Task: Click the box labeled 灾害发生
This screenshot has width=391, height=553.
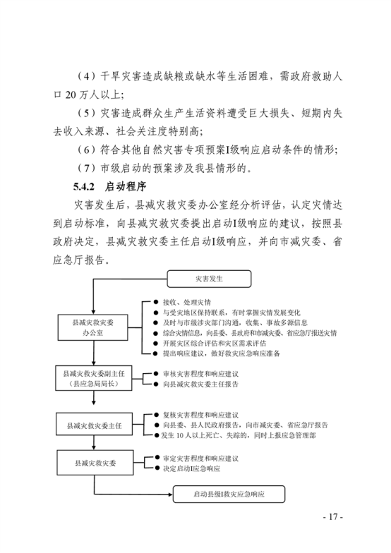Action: pyautogui.click(x=209, y=279)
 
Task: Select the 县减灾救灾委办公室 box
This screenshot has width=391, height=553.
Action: pyautogui.click(x=93, y=327)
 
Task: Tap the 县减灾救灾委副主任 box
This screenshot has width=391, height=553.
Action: pyautogui.click(x=93, y=378)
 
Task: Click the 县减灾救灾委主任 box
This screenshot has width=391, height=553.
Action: pyautogui.click(x=95, y=425)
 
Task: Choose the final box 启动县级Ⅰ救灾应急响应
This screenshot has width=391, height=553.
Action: pyautogui.click(x=229, y=494)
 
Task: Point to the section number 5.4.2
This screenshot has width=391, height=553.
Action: pyautogui.click(x=83, y=186)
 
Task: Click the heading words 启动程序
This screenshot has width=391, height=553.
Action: pyautogui.click(x=126, y=186)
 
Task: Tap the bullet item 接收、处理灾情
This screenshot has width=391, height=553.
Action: pyautogui.click(x=186, y=302)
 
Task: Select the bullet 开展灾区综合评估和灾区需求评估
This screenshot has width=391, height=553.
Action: pyautogui.click(x=215, y=343)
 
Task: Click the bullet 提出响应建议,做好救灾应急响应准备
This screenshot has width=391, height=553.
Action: pyautogui.click(x=222, y=353)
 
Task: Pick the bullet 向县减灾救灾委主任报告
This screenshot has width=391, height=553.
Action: pyautogui.click(x=200, y=384)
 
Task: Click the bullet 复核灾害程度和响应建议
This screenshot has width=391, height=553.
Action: pyautogui.click(x=200, y=415)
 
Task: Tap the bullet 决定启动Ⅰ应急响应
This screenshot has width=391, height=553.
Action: pyautogui.click(x=191, y=468)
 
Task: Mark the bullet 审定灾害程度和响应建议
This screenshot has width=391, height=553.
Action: pyautogui.click(x=200, y=458)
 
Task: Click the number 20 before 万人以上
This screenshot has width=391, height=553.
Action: pyautogui.click(x=71, y=95)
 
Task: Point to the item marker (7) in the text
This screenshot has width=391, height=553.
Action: pyautogui.click(x=86, y=168)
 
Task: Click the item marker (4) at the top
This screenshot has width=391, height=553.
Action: pyautogui.click(x=86, y=76)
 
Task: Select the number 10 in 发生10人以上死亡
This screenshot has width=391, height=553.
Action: pyautogui.click(x=180, y=436)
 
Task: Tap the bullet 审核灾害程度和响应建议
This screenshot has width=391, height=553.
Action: pyautogui.click(x=200, y=374)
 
